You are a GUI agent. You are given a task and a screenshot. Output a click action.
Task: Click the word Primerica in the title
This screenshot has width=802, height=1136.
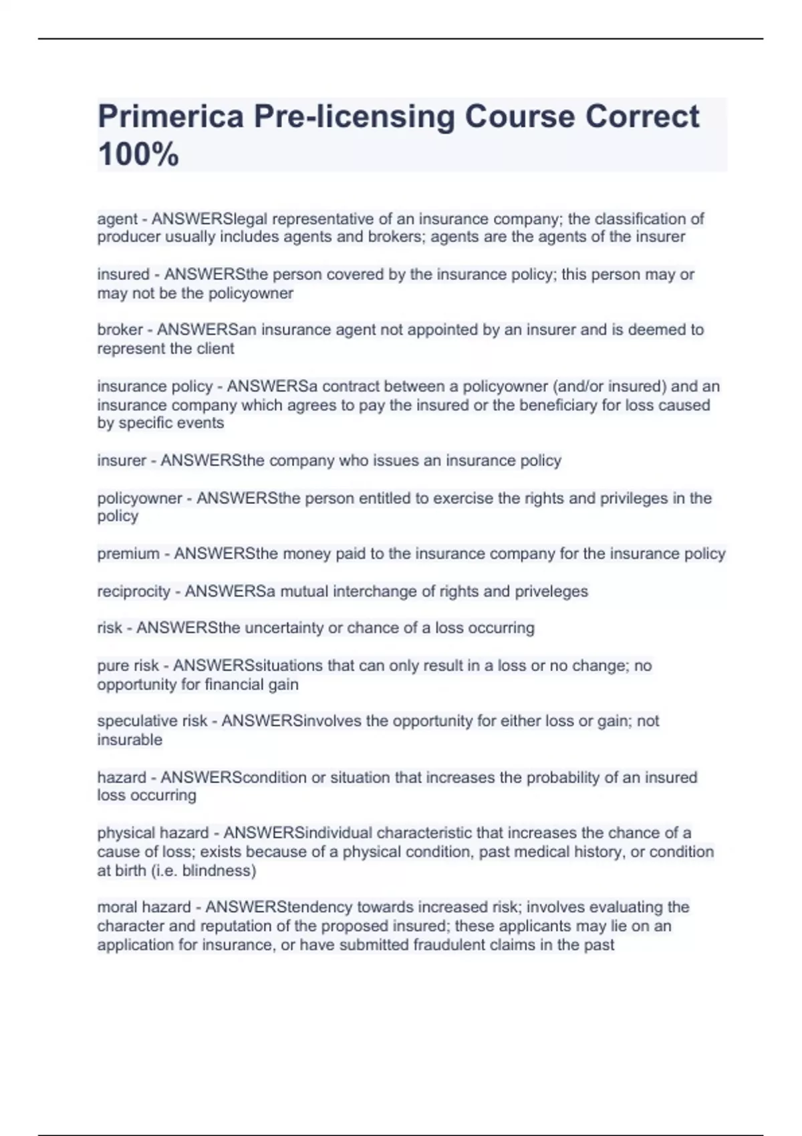170,116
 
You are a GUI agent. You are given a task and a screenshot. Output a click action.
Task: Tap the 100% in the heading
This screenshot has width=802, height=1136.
138,154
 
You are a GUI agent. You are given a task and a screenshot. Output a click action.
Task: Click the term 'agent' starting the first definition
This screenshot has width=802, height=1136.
118,219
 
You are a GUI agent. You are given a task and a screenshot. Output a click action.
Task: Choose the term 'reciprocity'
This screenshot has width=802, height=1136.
134,591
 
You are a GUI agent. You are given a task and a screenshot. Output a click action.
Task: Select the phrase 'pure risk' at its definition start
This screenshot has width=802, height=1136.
128,666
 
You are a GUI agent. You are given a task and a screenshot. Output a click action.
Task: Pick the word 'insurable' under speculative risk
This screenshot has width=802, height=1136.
130,740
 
